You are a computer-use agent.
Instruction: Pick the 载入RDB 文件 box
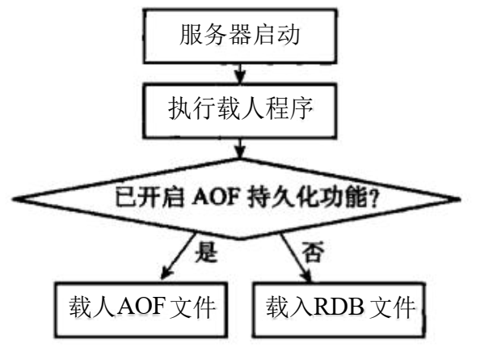click(x=339, y=307)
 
